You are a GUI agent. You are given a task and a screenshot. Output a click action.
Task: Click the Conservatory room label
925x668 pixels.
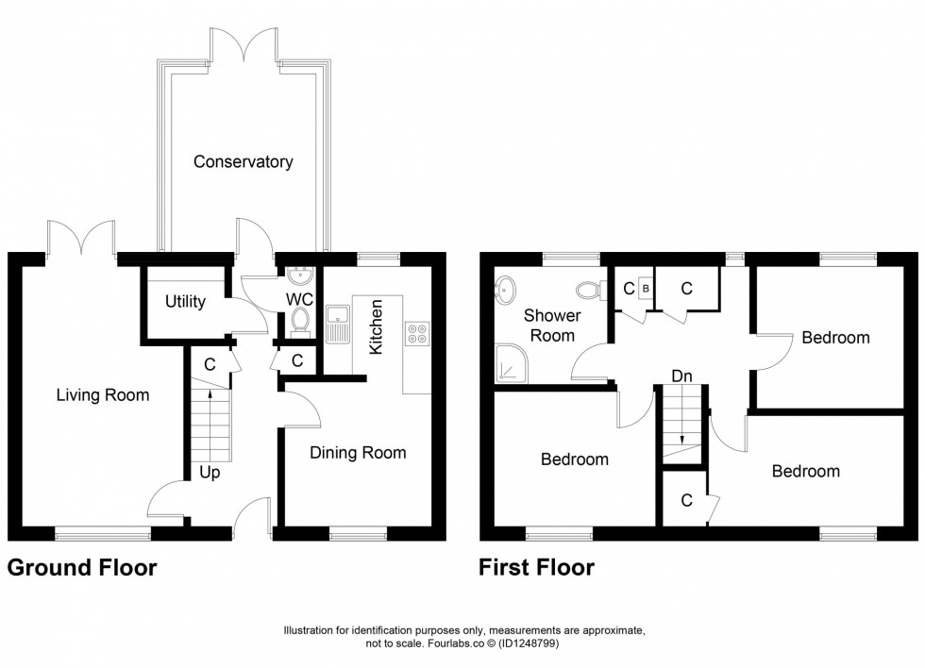point(243,161)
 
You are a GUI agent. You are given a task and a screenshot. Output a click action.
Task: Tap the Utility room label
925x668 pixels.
point(185,302)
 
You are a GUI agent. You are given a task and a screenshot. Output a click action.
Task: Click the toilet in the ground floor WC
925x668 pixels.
point(301,323)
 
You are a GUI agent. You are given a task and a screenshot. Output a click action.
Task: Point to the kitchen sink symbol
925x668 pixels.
point(336,325)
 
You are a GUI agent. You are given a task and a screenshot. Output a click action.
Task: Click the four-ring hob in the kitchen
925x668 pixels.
point(416,332)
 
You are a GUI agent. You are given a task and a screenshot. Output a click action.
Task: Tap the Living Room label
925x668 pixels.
point(101,395)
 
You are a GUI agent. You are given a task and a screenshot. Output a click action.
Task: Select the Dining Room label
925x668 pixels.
point(358,453)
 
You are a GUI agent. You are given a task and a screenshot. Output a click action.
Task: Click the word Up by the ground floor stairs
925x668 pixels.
point(210,472)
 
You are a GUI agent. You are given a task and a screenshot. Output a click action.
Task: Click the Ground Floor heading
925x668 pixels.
point(82,567)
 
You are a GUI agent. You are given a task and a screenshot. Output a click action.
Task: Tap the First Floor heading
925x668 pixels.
point(536,567)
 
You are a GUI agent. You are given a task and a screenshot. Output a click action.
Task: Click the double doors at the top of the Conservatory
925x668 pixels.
point(244,45)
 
